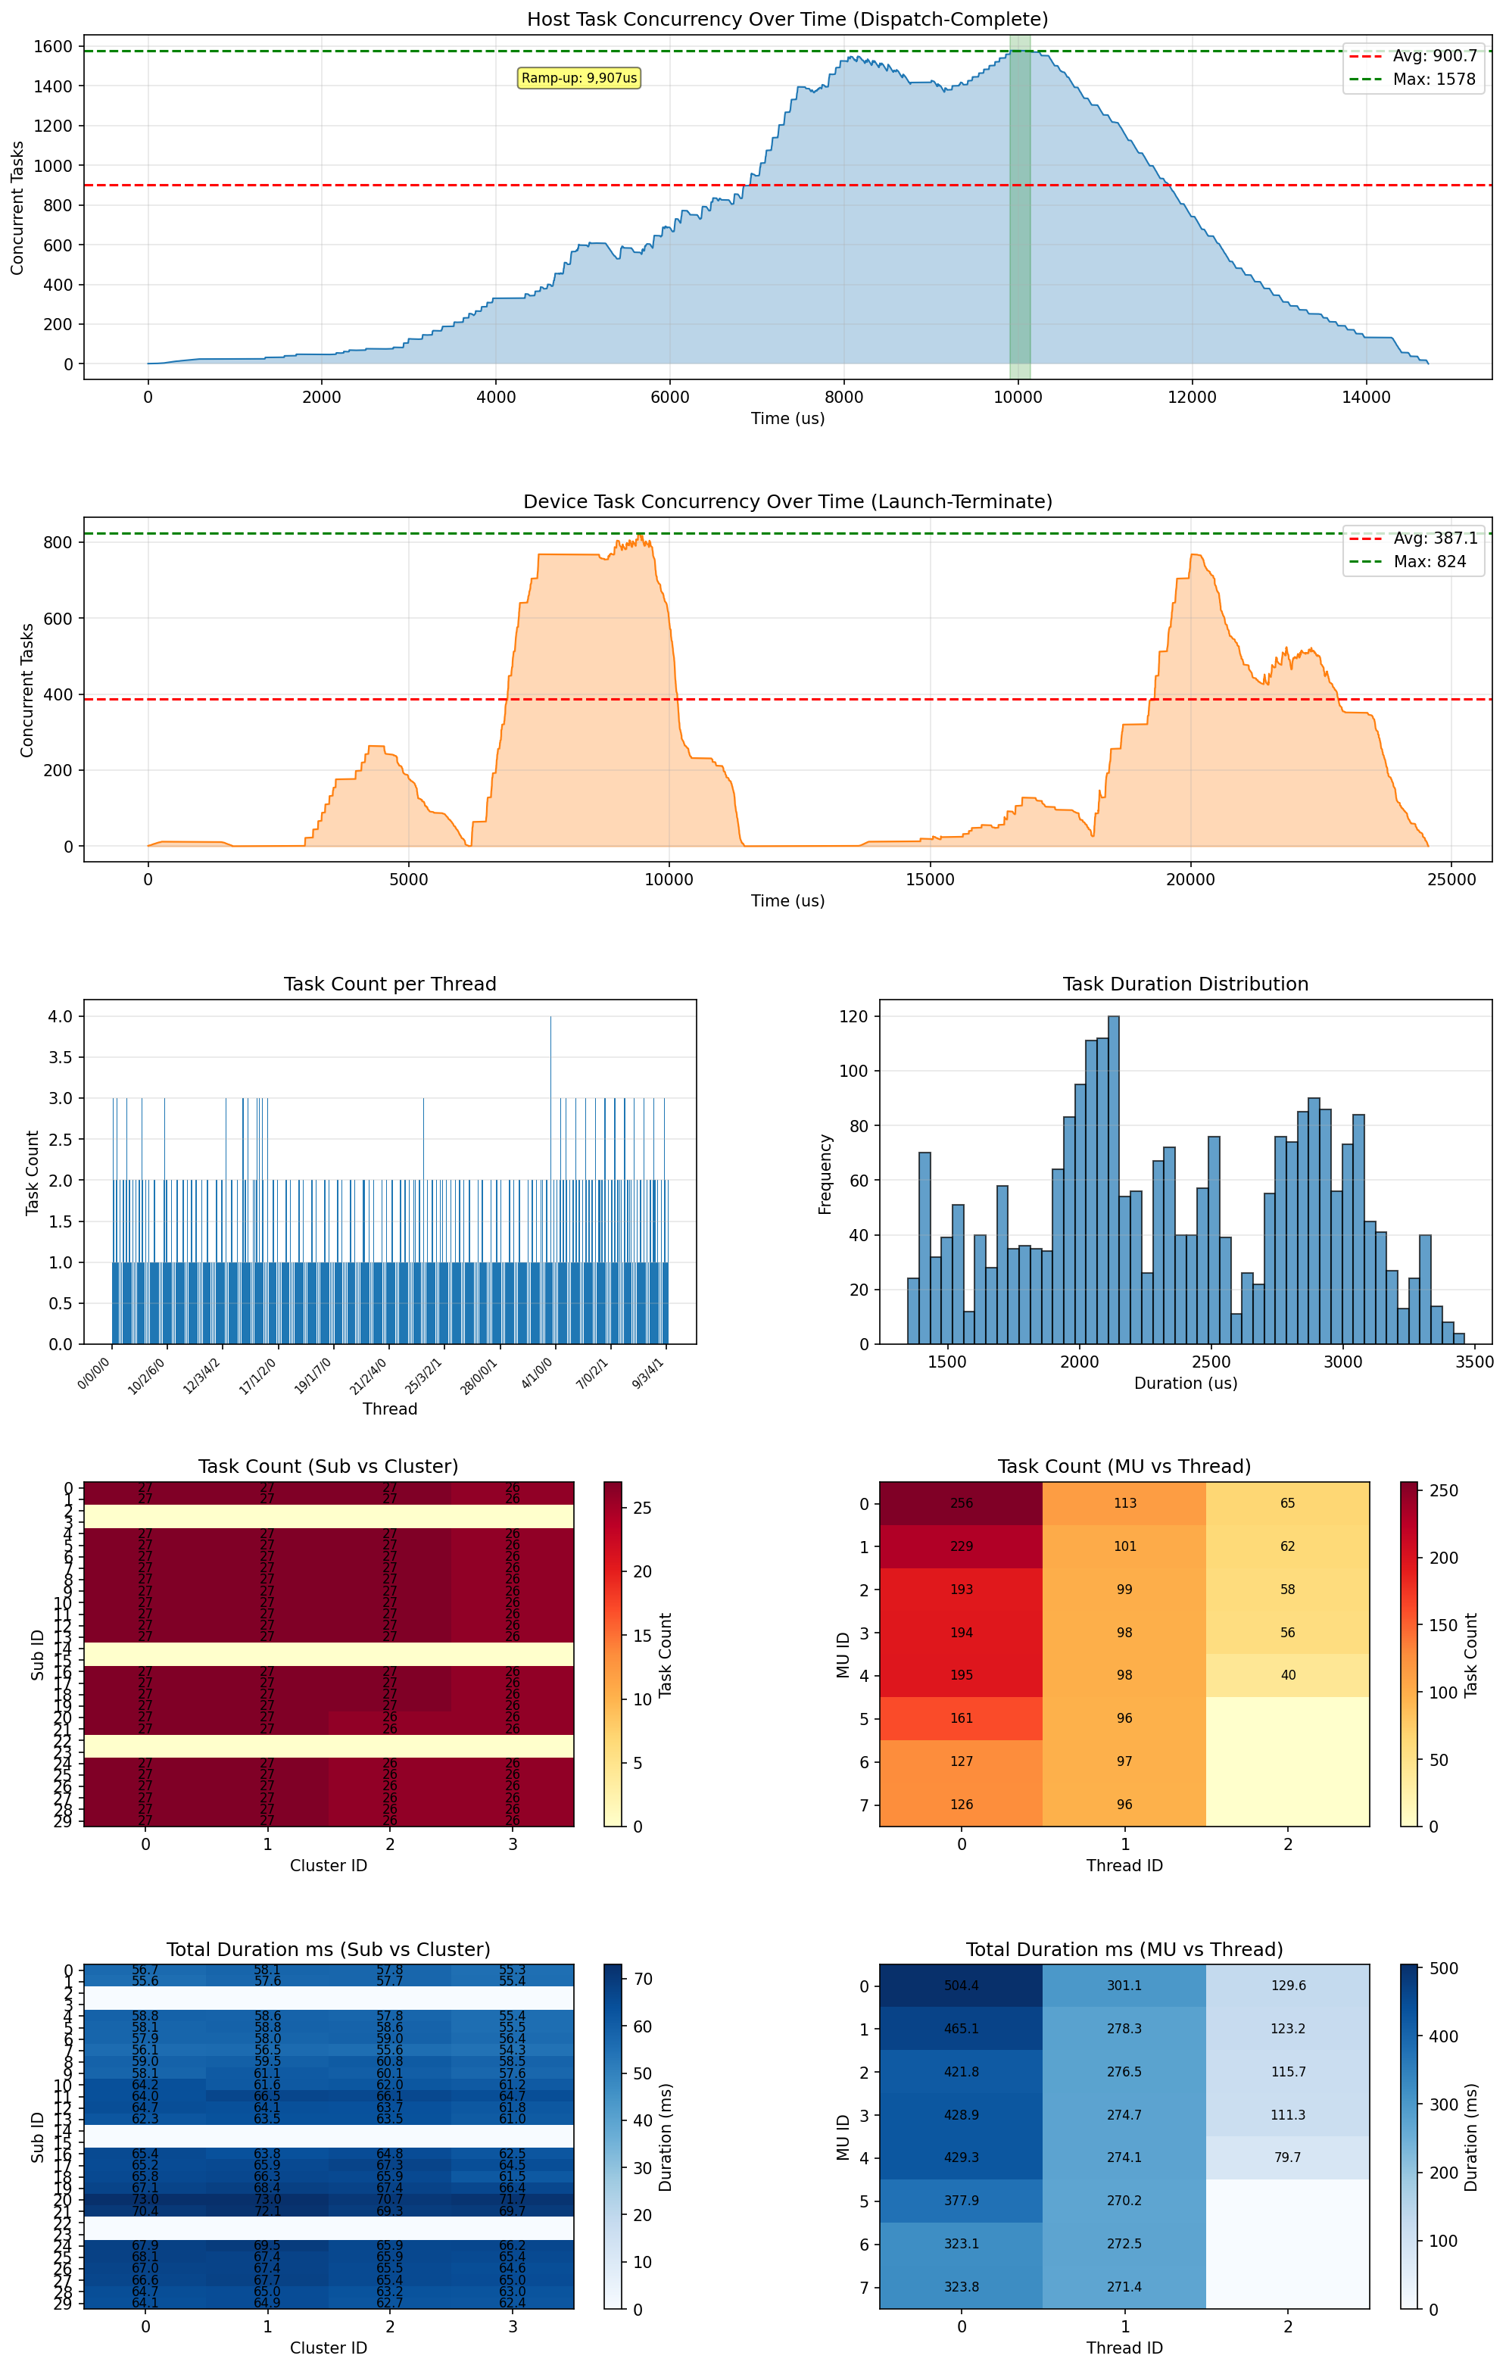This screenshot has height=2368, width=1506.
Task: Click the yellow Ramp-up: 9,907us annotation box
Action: click(579, 78)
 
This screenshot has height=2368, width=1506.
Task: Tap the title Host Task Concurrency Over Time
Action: click(787, 20)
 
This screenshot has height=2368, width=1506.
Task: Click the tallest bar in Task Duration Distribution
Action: click(1113, 1180)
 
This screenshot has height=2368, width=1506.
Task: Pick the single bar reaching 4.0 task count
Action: click(550, 1180)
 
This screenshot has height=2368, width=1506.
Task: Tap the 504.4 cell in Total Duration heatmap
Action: click(962, 1986)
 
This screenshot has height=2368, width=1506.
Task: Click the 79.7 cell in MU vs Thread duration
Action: click(1288, 2157)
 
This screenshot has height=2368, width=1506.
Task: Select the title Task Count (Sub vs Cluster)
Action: click(329, 1466)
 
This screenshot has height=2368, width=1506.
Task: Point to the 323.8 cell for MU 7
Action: click(962, 2288)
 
